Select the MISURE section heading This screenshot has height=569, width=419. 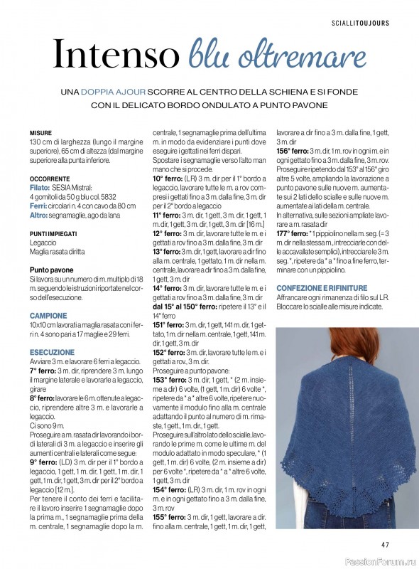[x=40, y=133]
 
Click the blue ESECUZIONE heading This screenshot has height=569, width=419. [x=52, y=352]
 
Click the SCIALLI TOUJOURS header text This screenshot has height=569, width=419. [x=360, y=23]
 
